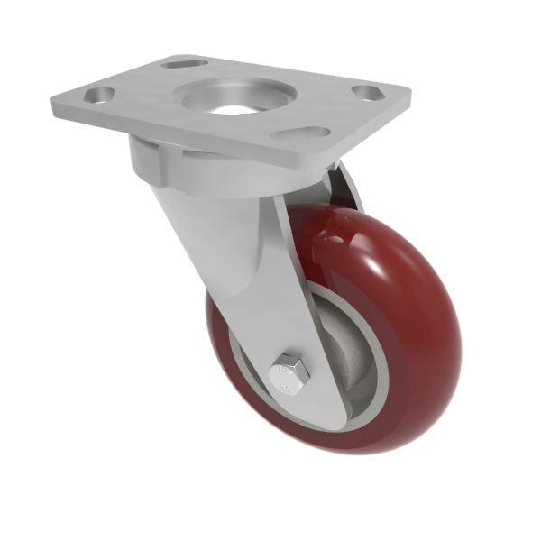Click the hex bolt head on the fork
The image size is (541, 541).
pos(289,371)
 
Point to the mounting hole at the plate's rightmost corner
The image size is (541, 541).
pos(366,92)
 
